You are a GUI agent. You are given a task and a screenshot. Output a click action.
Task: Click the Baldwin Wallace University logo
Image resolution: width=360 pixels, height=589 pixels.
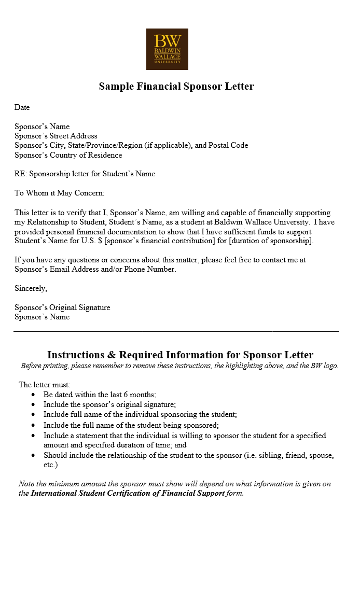click(167, 49)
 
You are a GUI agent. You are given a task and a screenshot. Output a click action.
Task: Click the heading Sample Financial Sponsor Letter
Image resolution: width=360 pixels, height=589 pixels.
click(176, 86)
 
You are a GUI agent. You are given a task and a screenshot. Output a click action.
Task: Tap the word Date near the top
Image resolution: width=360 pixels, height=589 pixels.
click(22, 107)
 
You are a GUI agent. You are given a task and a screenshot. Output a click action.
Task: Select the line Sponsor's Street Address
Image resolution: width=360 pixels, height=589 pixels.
click(56, 136)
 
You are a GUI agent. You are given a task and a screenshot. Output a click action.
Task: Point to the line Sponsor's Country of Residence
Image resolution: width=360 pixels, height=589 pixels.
click(68, 155)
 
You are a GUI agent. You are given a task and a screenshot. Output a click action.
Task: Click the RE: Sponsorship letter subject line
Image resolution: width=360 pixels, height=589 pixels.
click(85, 174)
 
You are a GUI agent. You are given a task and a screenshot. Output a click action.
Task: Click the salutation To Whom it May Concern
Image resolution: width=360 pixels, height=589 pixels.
click(60, 193)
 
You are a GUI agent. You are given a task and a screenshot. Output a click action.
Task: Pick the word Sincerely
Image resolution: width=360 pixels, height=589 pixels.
click(31, 288)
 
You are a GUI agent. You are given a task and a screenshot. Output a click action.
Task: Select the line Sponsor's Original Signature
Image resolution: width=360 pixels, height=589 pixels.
click(62, 307)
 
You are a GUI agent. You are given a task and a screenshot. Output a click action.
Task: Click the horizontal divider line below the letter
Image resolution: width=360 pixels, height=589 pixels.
click(176, 331)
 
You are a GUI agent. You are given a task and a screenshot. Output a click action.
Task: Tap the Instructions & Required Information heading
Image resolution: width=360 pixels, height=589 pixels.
click(180, 355)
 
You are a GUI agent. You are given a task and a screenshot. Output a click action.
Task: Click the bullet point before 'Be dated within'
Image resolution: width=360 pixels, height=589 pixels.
click(34, 395)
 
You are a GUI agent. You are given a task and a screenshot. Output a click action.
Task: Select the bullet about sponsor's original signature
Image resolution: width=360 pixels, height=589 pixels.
click(109, 404)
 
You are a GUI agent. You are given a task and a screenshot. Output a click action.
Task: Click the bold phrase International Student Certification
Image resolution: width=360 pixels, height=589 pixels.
click(128, 493)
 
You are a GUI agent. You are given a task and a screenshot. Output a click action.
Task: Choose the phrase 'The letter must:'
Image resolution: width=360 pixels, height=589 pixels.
click(45, 385)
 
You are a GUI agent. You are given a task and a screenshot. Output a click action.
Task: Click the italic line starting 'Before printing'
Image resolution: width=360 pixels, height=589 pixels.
click(179, 366)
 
